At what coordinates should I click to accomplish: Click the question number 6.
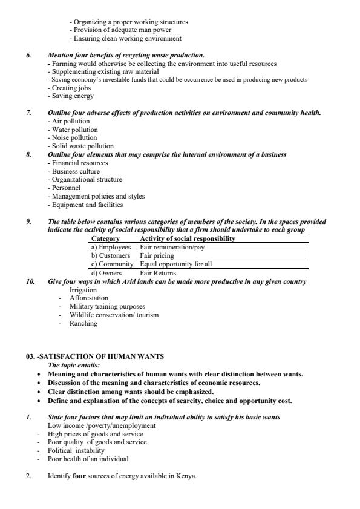click(28, 55)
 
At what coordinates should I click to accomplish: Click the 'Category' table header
click(105, 238)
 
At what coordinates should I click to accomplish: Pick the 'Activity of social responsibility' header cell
click(187, 238)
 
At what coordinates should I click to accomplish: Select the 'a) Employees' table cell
click(111, 247)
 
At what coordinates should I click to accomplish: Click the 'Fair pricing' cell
click(157, 255)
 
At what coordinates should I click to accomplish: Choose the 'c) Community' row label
click(112, 264)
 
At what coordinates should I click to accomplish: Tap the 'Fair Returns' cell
click(158, 273)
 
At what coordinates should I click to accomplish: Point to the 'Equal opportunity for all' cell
click(176, 264)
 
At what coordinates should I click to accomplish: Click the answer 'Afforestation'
click(89, 298)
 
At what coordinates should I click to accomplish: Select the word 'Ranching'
click(83, 323)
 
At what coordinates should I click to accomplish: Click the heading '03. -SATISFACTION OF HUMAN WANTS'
click(94, 356)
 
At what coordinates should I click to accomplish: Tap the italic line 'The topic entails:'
click(74, 365)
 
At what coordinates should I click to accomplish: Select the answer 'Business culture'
click(76, 171)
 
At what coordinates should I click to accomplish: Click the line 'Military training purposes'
click(107, 306)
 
